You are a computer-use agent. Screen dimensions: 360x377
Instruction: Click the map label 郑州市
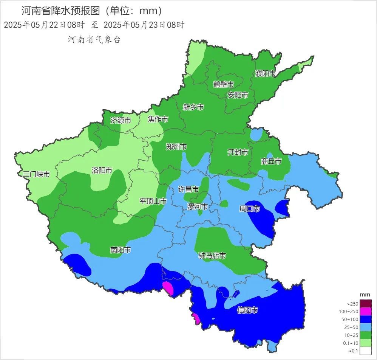(x=176, y=147)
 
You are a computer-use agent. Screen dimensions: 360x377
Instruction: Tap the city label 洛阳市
(x=102, y=171)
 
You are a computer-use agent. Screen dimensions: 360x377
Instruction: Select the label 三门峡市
(x=36, y=174)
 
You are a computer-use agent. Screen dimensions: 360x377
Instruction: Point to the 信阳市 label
(x=247, y=310)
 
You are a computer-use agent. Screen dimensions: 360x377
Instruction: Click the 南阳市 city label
(x=121, y=250)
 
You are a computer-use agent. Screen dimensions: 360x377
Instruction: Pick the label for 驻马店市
(x=212, y=256)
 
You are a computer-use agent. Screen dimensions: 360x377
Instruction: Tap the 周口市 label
(x=250, y=209)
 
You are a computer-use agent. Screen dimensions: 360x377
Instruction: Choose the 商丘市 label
(x=271, y=161)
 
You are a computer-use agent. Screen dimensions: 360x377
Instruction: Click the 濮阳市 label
(x=265, y=74)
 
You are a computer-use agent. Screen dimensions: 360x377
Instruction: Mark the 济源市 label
(x=121, y=121)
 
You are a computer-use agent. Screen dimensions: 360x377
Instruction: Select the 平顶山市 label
(x=153, y=201)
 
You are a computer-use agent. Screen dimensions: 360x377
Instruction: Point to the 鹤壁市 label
(x=224, y=84)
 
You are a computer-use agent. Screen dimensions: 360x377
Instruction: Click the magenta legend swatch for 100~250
(x=365, y=311)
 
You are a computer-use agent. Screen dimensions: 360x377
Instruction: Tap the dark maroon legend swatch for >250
(x=365, y=303)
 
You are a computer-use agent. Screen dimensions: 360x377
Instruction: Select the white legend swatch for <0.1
(x=365, y=351)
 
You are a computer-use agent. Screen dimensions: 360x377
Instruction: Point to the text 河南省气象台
(x=94, y=40)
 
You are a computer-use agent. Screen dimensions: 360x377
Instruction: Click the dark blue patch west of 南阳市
(x=78, y=265)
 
